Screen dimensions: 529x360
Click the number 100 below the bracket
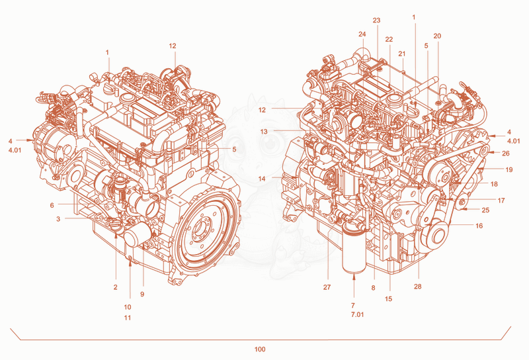260,349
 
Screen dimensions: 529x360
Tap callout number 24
362,34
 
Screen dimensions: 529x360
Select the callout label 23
376,21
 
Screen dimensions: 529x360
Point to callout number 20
437,36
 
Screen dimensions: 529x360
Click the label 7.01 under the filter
357,315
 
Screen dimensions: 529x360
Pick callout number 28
418,287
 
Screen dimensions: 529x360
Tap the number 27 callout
327,287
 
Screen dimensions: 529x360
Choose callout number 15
388,298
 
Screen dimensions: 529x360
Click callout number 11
127,318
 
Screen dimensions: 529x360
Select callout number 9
142,294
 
